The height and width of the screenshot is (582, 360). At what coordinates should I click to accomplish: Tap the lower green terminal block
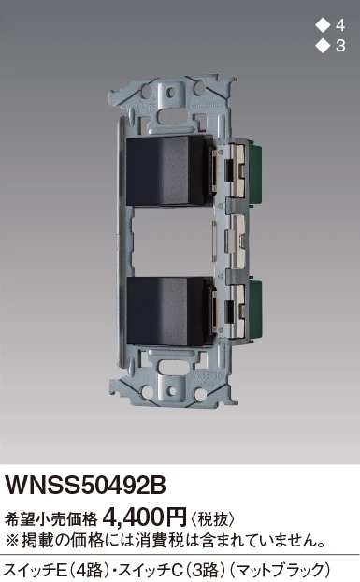point(255,307)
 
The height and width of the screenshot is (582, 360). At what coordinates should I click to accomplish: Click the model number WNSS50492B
point(85,485)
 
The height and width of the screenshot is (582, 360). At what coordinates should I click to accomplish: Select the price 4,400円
point(146,517)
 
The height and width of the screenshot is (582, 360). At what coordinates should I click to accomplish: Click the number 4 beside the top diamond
point(340,25)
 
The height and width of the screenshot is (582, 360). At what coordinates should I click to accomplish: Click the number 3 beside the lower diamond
point(340,46)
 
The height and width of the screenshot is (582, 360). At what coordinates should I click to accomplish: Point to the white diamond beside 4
point(323,25)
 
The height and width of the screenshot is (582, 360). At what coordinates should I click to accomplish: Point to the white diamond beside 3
point(323,46)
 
